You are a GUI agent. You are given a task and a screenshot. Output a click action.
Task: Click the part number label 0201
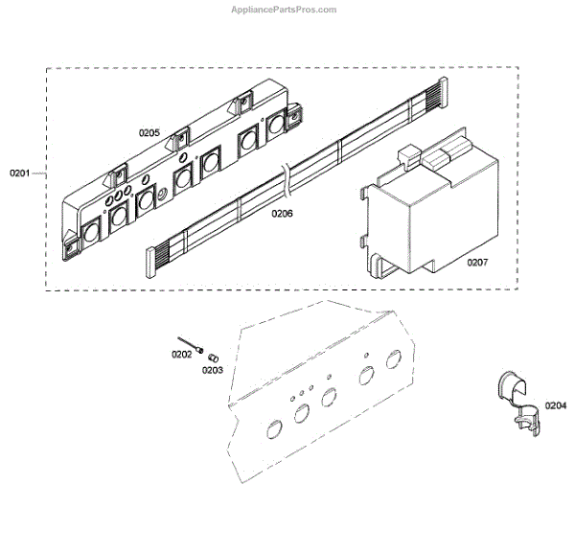(20, 173)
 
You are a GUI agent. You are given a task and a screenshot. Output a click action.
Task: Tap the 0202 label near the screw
(181, 355)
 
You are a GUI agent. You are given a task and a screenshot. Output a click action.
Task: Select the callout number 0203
(212, 369)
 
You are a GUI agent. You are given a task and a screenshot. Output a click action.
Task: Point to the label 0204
(555, 405)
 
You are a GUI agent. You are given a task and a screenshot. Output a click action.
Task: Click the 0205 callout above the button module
(149, 133)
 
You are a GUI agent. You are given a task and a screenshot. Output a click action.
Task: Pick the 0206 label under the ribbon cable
(281, 213)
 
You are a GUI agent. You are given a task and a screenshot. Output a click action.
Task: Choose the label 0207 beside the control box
(478, 261)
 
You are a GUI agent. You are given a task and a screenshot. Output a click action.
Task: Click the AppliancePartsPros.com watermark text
(285, 10)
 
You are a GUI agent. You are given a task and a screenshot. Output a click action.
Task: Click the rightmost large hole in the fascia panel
(393, 359)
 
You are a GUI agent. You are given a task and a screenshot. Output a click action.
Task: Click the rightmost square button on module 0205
(279, 123)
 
